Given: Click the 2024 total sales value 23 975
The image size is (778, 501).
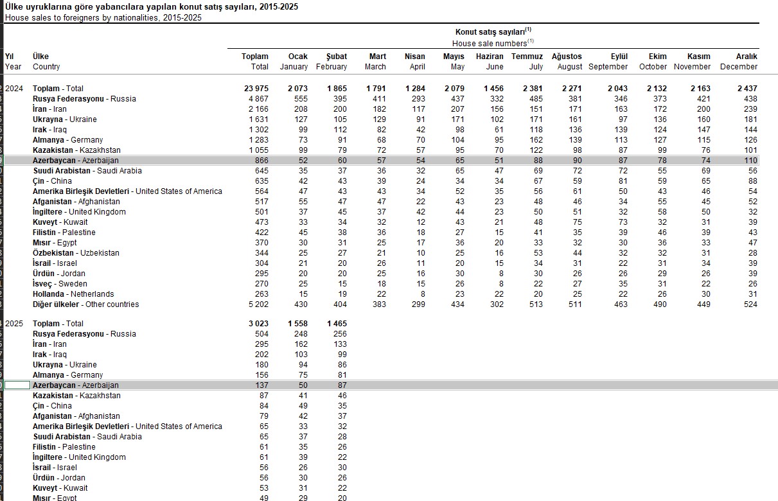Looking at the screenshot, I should pyautogui.click(x=255, y=89).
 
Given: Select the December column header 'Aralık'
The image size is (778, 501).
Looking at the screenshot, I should pyautogui.click(x=747, y=57).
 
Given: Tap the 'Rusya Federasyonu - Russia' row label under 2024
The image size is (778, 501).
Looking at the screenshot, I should pyautogui.click(x=84, y=99).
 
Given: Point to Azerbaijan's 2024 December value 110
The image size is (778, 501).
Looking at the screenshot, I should pyautogui.click(x=750, y=161).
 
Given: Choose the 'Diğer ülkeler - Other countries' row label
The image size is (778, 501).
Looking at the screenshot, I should pyautogui.click(x=85, y=304).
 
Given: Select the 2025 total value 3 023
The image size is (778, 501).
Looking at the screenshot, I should pyautogui.click(x=258, y=324).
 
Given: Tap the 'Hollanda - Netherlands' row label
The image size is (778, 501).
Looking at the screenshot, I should pyautogui.click(x=73, y=294).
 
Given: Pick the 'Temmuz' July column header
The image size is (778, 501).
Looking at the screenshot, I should pyautogui.click(x=527, y=57).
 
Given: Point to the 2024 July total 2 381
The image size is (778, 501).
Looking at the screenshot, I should pyautogui.click(x=533, y=89).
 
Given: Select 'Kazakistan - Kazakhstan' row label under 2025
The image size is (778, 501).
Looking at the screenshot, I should pyautogui.click(x=76, y=396).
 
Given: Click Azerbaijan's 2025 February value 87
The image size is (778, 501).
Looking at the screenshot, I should pyautogui.click(x=341, y=385).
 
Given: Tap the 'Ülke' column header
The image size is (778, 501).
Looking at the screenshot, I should pyautogui.click(x=40, y=57).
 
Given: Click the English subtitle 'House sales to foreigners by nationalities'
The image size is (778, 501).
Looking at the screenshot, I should pyautogui.click(x=103, y=17).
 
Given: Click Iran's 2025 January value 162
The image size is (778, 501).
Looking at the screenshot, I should pyautogui.click(x=299, y=344).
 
